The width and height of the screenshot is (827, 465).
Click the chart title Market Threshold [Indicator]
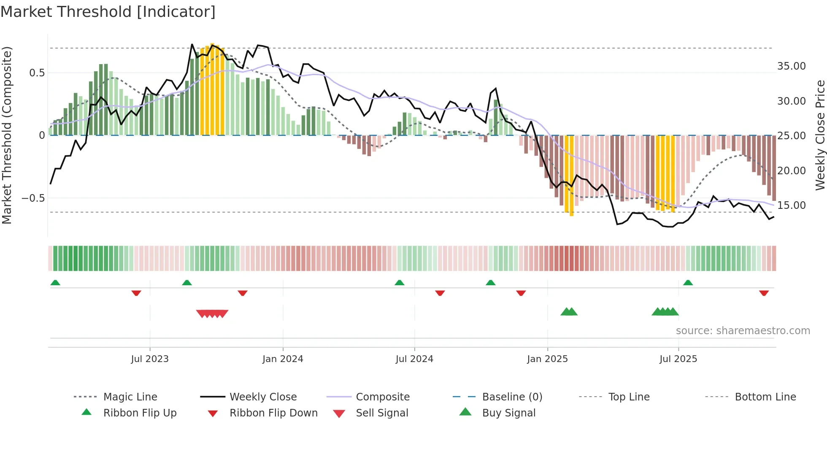(x=108, y=12)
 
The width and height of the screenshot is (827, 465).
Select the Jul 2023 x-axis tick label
(x=149, y=359)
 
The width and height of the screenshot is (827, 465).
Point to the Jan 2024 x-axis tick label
(x=283, y=359)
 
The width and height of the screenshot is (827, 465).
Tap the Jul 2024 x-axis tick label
(x=414, y=359)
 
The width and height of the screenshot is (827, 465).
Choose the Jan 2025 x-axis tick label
(x=547, y=359)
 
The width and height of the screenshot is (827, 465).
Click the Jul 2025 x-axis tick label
(x=678, y=359)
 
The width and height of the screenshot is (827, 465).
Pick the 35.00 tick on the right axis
(x=791, y=66)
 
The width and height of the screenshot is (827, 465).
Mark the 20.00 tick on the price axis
(x=791, y=171)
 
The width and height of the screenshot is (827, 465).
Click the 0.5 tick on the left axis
(x=37, y=73)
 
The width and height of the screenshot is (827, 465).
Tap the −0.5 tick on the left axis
(x=33, y=198)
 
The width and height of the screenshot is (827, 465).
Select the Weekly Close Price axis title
(x=820, y=135)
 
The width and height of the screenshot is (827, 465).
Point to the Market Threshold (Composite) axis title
(x=7, y=135)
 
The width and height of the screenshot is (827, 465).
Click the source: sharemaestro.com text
(x=743, y=331)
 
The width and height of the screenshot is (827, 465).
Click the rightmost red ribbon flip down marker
(x=764, y=293)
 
